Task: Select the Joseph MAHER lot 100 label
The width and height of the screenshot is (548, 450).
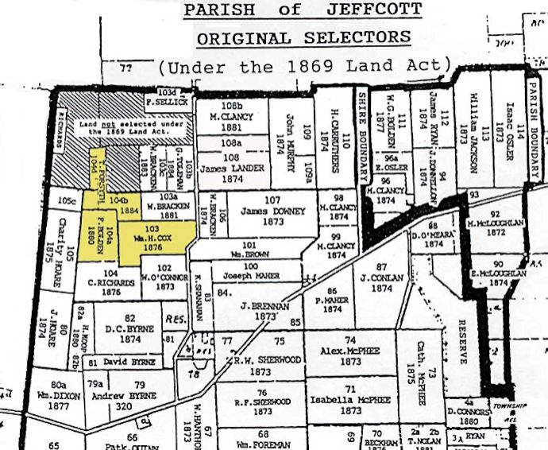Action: (251, 275)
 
